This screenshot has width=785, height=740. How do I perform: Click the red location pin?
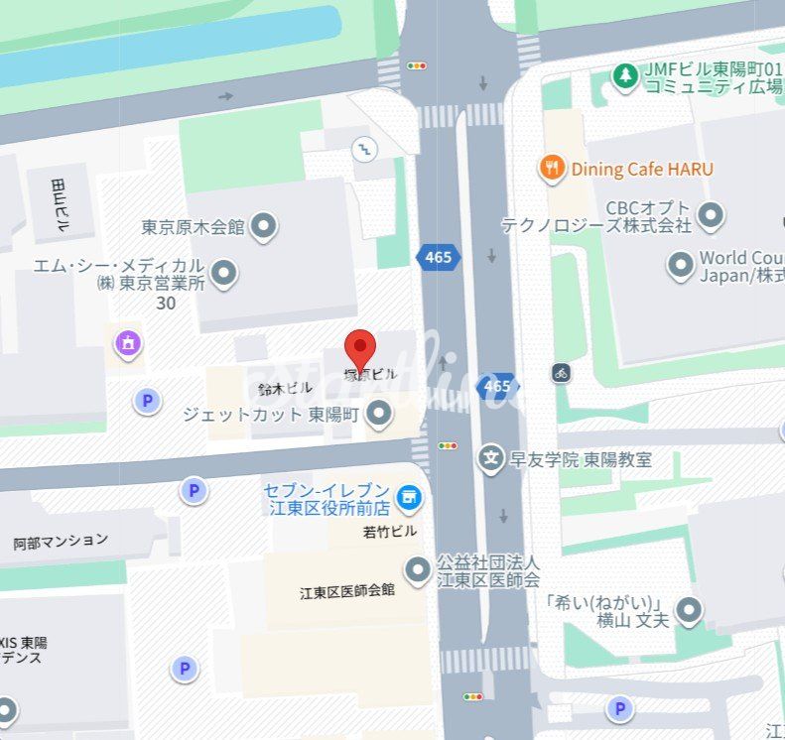(x=360, y=348)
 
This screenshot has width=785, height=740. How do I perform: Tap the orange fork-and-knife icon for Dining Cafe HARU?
(x=552, y=168)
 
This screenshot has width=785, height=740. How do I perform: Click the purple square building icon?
(x=127, y=343)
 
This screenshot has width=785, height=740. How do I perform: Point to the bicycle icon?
(x=562, y=373)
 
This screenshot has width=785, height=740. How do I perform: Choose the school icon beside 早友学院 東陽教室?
(x=490, y=458)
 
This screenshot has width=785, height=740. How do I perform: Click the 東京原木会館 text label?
(x=193, y=227)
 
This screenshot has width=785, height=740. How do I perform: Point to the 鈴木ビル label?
(x=279, y=389)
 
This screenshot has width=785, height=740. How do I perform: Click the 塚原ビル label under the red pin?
(x=370, y=375)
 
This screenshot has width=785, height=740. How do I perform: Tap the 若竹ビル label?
(x=390, y=532)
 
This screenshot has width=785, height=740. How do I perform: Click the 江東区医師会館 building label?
(x=347, y=591)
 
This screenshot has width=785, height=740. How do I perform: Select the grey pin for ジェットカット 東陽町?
(x=378, y=414)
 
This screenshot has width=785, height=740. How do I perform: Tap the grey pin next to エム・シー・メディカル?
(x=225, y=272)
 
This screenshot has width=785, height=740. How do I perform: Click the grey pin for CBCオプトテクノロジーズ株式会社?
(x=710, y=213)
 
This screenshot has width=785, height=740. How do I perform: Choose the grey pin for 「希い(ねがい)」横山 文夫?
(x=689, y=610)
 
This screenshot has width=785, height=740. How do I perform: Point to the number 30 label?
(x=166, y=304)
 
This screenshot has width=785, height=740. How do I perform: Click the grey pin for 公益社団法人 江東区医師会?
(x=419, y=569)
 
